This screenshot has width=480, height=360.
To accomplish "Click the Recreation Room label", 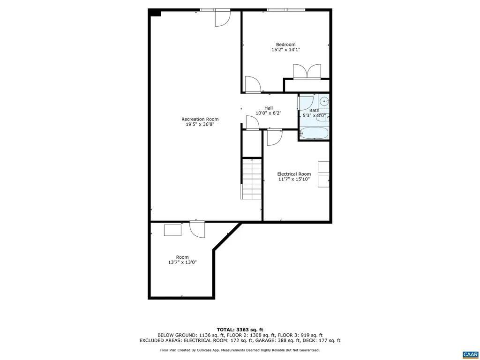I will (x=200, y=119).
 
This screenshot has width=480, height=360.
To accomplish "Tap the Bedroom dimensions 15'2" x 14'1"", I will (x=285, y=50).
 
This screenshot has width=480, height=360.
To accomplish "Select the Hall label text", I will (x=268, y=108).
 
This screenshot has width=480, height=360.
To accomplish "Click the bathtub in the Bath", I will (x=314, y=133).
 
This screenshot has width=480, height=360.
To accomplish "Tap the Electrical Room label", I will (x=294, y=174).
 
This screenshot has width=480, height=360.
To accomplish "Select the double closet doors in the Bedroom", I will (x=307, y=71).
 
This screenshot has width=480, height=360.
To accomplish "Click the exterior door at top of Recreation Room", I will (x=222, y=18).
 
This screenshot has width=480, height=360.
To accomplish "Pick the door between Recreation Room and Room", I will (x=197, y=229).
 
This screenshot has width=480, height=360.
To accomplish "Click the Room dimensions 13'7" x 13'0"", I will (x=182, y=262).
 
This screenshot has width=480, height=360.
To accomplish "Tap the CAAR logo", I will (x=469, y=354).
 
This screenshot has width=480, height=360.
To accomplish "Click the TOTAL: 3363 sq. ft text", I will (x=240, y=329).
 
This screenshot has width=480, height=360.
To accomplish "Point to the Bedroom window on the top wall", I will (x=286, y=9).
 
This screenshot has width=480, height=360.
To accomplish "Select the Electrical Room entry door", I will (x=274, y=137).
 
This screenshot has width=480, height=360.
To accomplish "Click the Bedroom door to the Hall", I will (x=253, y=84).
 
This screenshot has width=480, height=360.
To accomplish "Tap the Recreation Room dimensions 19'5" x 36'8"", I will (x=200, y=125).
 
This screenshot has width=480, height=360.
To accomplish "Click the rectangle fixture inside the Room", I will (x=172, y=230).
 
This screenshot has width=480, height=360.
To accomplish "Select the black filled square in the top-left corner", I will (x=155, y=13).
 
